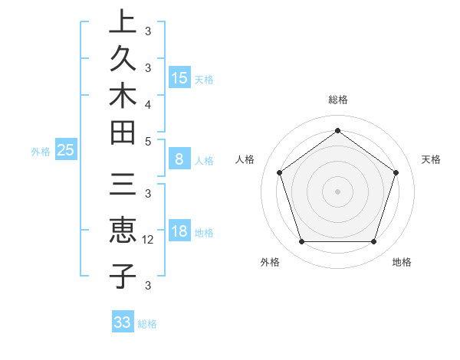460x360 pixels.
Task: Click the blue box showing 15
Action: pyautogui.click(x=179, y=78)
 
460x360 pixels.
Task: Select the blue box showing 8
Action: pyautogui.click(x=179, y=160)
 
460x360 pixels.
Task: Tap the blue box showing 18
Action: pyautogui.click(x=179, y=232)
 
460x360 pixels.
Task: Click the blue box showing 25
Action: pyautogui.click(x=66, y=151)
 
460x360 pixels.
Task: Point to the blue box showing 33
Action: pyautogui.click(x=123, y=322)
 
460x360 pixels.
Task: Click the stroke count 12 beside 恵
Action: pyautogui.click(x=149, y=240)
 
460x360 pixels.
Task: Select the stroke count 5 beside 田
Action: pyautogui.click(x=148, y=141)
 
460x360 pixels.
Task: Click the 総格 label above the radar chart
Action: pyautogui.click(x=337, y=100)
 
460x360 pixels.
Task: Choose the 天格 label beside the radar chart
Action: pyautogui.click(x=431, y=159)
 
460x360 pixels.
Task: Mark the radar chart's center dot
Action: pyautogui.click(x=337, y=191)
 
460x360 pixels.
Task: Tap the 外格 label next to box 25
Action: pyautogui.click(x=41, y=152)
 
